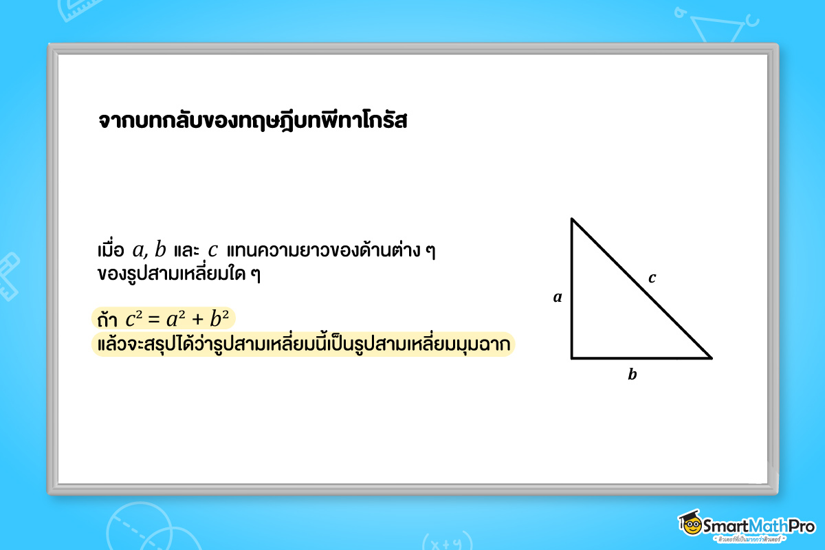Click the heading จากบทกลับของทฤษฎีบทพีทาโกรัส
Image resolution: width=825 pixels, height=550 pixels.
253,122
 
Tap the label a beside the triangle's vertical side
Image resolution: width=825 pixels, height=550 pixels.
558,298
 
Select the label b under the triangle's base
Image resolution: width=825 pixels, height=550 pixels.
632,375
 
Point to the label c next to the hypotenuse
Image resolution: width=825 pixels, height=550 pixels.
652,278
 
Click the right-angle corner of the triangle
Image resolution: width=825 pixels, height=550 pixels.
572,357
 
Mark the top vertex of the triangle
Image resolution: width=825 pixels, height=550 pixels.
572,219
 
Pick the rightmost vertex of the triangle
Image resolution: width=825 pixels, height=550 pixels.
711,357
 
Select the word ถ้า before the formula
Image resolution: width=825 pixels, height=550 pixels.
108,320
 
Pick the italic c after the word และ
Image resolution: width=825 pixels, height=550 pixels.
213,248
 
